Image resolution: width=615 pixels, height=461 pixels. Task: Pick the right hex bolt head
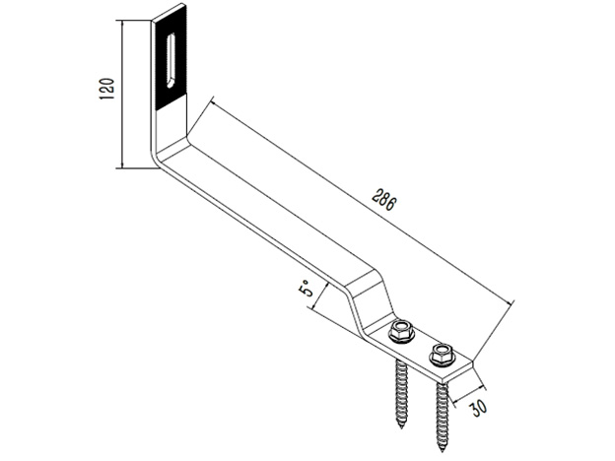click(x=441, y=351)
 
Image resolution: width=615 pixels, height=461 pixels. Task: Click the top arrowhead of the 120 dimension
click(x=122, y=23)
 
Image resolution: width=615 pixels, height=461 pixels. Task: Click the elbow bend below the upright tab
click(x=166, y=158)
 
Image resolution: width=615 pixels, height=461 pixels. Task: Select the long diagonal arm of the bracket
click(x=266, y=207)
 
